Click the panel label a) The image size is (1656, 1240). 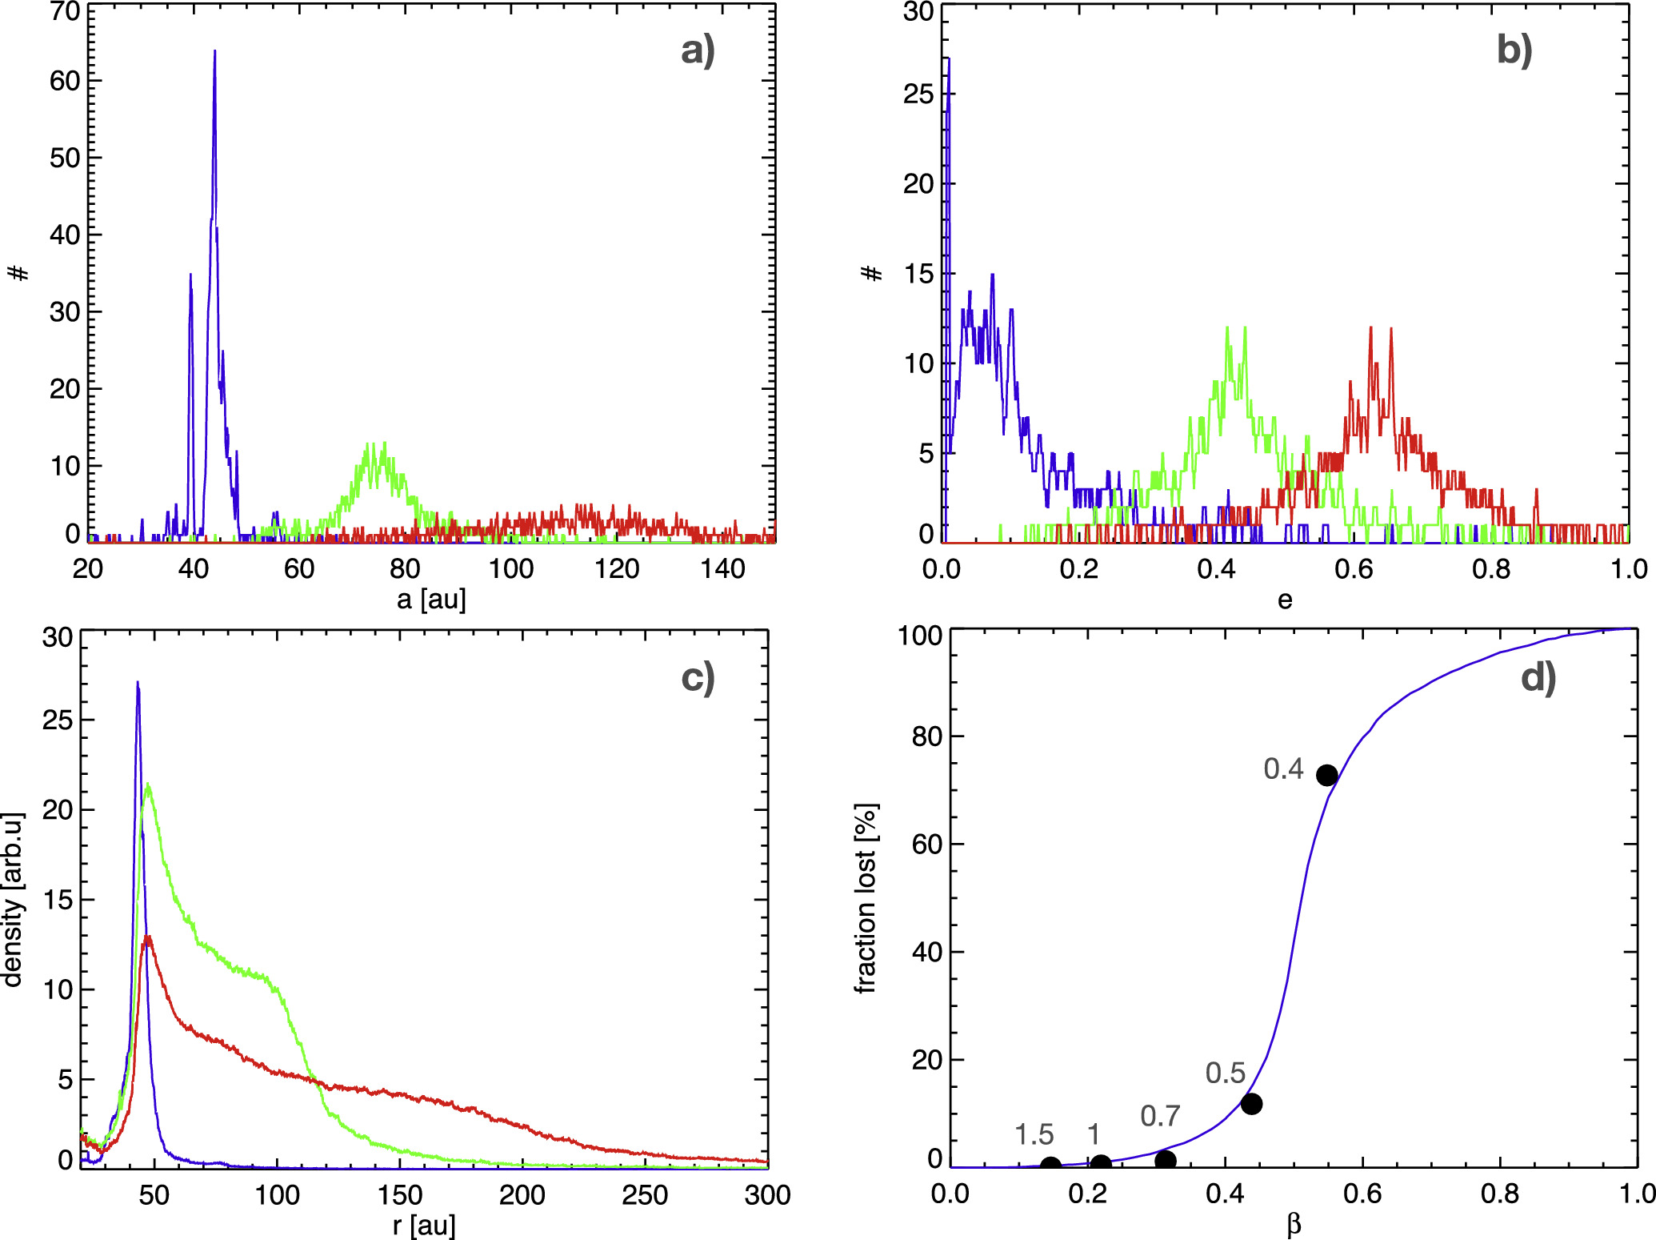pyautogui.click(x=698, y=50)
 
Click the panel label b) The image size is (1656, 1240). pyautogui.click(x=1514, y=50)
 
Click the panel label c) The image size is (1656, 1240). pyautogui.click(x=698, y=678)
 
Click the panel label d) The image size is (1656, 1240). pyautogui.click(x=1538, y=678)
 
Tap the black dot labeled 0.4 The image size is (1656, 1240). pyautogui.click(x=1326, y=775)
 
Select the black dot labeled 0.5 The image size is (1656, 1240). pyautogui.click(x=1251, y=1104)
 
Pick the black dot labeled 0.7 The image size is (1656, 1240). pyautogui.click(x=1165, y=1160)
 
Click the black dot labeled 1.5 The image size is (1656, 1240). pyautogui.click(x=1050, y=1166)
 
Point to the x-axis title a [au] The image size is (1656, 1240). pyautogui.click(x=431, y=599)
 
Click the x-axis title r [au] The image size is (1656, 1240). pyautogui.click(x=424, y=1225)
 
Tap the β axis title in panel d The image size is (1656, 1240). pyautogui.click(x=1294, y=1225)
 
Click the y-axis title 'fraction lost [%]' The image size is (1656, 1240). pyautogui.click(x=866, y=898)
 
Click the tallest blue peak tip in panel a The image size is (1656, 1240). pyautogui.click(x=214, y=52)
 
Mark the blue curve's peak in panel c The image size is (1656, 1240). pyautogui.click(x=138, y=683)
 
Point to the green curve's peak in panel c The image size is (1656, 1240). pyautogui.click(x=148, y=785)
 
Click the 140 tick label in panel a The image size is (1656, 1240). pyautogui.click(x=722, y=569)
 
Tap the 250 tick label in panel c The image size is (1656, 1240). pyautogui.click(x=645, y=1195)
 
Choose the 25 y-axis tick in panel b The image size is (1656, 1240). pyautogui.click(x=918, y=94)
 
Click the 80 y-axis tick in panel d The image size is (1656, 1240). pyautogui.click(x=926, y=736)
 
